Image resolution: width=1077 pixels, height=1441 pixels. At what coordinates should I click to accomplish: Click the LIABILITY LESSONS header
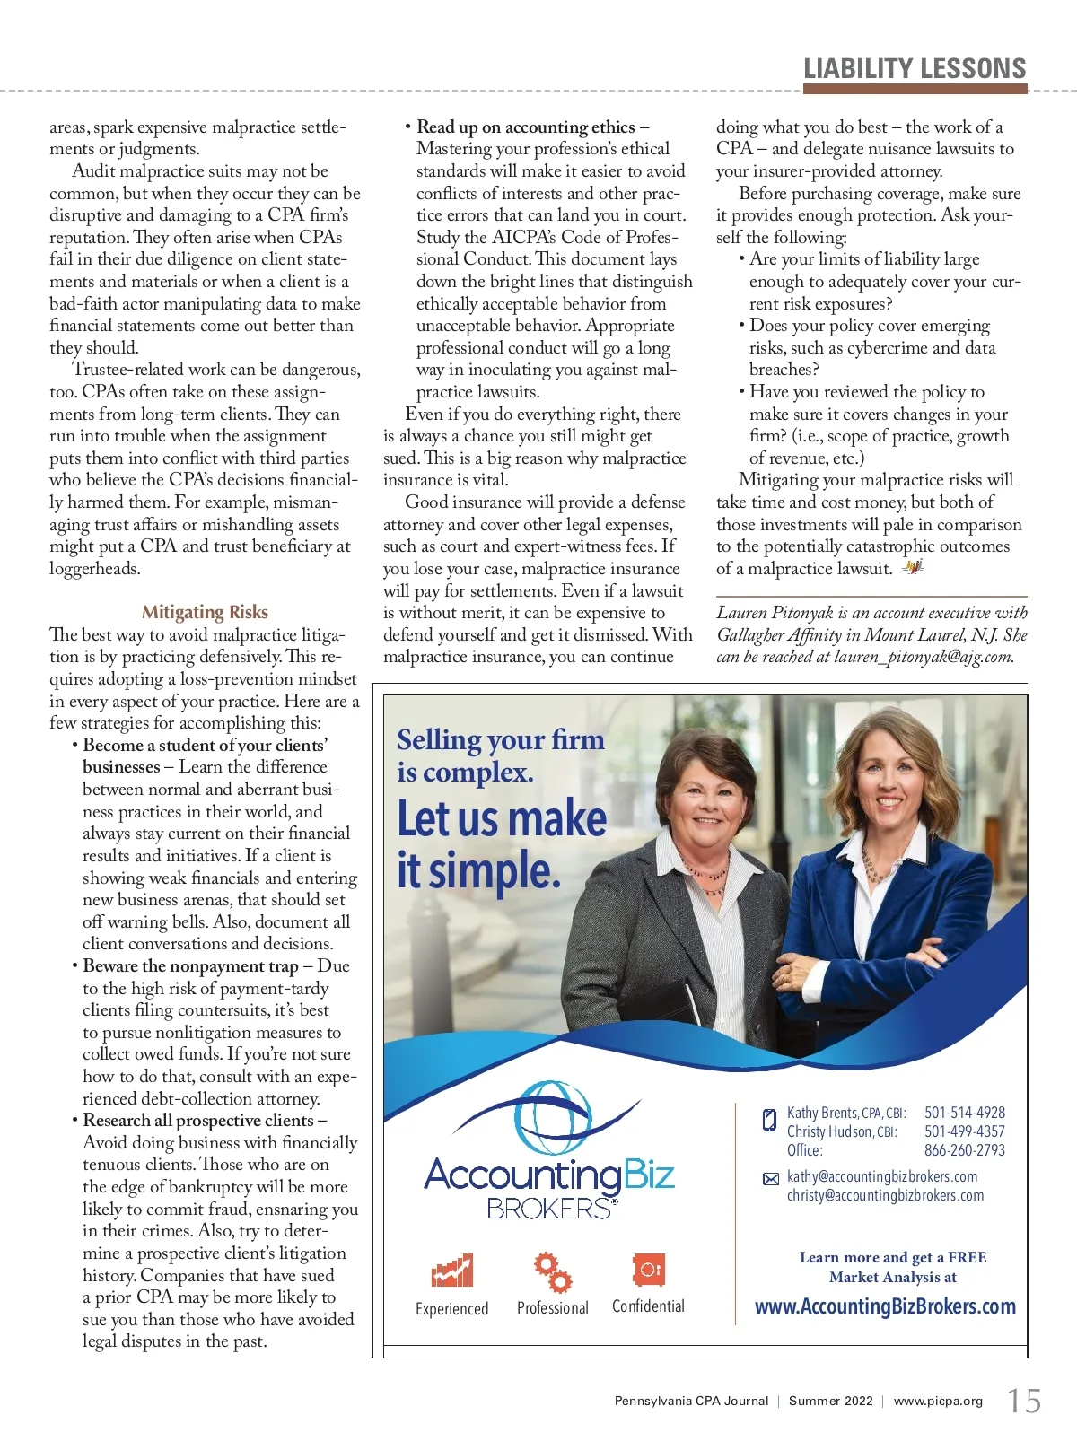click(915, 69)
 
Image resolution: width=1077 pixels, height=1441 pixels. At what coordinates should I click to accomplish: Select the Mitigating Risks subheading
click(205, 612)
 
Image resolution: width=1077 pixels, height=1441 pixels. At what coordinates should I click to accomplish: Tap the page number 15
click(1024, 1401)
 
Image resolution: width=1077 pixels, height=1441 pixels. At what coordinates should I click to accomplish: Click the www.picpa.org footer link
click(938, 1401)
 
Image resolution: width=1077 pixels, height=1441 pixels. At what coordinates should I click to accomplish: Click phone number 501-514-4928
click(965, 1113)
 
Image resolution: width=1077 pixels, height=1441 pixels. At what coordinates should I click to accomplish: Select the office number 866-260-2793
click(965, 1150)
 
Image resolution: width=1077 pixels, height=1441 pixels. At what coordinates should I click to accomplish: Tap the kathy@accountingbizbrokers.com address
click(882, 1176)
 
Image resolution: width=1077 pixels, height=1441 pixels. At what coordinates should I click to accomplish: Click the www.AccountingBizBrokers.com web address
click(885, 1306)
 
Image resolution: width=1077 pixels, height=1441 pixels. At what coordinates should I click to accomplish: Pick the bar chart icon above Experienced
click(452, 1271)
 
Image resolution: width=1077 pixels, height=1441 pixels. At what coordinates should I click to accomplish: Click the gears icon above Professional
click(553, 1271)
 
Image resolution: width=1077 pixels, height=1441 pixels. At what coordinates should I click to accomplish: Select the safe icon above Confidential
click(648, 1270)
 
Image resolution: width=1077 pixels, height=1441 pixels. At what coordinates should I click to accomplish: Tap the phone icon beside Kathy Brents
click(769, 1119)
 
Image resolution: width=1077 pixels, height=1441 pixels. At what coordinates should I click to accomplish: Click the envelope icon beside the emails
click(770, 1179)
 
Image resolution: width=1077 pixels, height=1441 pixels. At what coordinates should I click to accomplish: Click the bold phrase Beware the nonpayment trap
click(190, 966)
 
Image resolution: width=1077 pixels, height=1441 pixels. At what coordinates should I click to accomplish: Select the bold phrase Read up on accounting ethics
click(525, 127)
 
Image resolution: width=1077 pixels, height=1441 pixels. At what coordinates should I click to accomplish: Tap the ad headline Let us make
click(502, 818)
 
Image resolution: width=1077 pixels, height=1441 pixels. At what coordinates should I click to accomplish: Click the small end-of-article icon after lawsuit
click(913, 567)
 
